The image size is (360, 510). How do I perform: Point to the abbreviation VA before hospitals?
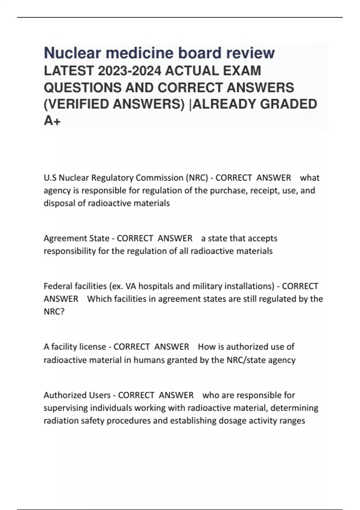click(131, 286)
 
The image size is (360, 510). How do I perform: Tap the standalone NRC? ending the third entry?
click(54, 312)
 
